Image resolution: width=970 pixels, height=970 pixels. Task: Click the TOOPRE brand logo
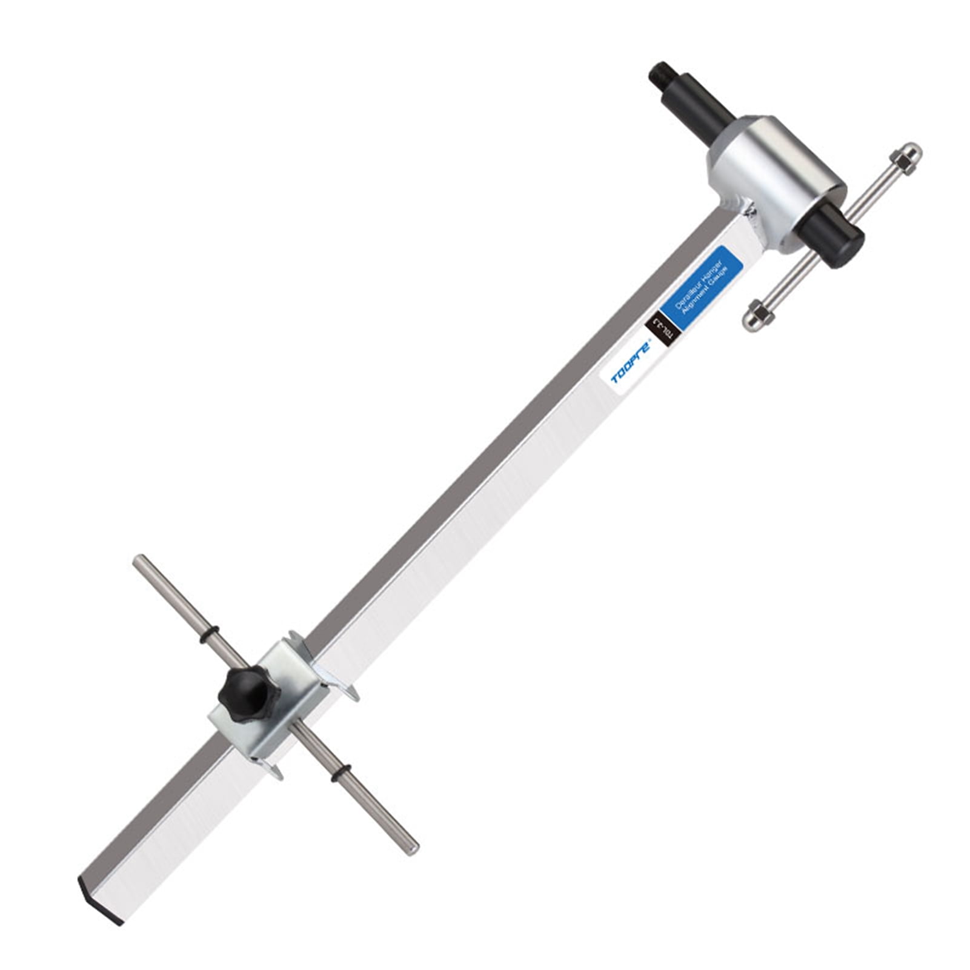pos(631,362)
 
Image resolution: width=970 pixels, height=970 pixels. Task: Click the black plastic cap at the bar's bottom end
pos(101,893)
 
